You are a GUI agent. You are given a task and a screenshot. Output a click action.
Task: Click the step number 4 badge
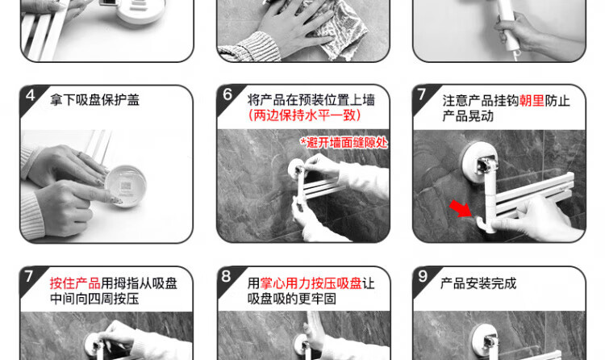[31, 95]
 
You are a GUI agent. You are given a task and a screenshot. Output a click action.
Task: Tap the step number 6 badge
[227, 94]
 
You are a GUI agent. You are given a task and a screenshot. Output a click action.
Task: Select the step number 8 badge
[226, 276]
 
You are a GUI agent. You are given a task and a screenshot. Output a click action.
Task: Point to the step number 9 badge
[423, 276]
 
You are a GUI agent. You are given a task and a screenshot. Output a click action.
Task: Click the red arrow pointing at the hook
[461, 208]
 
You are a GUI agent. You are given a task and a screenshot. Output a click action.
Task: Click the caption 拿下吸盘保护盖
[94, 100]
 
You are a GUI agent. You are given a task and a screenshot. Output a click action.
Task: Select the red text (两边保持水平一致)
[304, 115]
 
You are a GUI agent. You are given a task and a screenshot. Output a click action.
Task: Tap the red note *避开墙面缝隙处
[344, 143]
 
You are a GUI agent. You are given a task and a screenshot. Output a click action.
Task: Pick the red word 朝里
[532, 101]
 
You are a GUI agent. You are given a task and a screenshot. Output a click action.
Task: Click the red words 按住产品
[75, 283]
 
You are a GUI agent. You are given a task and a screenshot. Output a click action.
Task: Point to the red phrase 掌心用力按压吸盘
[311, 283]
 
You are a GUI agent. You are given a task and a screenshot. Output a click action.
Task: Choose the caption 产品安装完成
[478, 283]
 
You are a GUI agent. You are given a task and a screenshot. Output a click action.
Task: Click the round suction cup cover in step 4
[125, 186]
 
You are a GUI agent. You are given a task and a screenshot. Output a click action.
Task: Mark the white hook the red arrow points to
[483, 224]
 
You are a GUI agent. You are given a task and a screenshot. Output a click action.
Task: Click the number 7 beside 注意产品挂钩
[421, 94]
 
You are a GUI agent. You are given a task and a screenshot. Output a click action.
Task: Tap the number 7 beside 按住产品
[29, 276]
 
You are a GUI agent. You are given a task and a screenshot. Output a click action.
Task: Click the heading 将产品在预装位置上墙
[311, 100]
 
